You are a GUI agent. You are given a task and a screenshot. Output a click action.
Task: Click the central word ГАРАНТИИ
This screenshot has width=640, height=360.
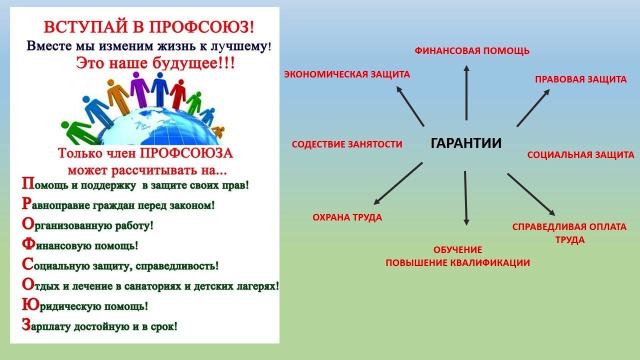pos(466,143)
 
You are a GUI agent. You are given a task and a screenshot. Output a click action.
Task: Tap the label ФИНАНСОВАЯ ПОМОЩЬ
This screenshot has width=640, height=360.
pos(472,51)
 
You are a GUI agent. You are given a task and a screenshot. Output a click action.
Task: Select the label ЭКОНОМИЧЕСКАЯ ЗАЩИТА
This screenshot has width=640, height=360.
pos(347,74)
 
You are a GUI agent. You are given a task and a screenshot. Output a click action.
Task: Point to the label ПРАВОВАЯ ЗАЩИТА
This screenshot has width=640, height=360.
pos(581,79)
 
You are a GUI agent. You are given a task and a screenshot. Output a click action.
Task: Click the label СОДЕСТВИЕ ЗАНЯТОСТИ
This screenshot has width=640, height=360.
pos(347,144)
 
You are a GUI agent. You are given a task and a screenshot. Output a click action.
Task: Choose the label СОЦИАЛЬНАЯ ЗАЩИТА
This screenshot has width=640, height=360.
pos(580,155)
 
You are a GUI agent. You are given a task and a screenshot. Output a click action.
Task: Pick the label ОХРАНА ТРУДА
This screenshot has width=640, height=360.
pos(347,217)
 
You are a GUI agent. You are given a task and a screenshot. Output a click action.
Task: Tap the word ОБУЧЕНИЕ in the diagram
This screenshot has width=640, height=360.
pos(457,250)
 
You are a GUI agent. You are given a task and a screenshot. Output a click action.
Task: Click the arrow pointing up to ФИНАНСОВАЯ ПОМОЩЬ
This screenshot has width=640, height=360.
pos(466,92)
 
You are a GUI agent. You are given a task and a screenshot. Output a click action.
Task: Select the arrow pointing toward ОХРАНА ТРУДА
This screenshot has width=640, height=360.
pos(398,183)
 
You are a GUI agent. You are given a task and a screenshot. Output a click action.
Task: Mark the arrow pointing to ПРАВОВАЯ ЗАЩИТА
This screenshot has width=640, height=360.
pos(533,107)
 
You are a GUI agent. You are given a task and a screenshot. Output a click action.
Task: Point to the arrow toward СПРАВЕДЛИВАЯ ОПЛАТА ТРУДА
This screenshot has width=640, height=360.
pos(531,194)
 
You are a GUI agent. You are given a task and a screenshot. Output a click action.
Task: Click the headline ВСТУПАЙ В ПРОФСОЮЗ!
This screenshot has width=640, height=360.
pos(148,27)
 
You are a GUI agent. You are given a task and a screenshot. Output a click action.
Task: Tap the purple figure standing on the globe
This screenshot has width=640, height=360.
pos(139,89)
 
